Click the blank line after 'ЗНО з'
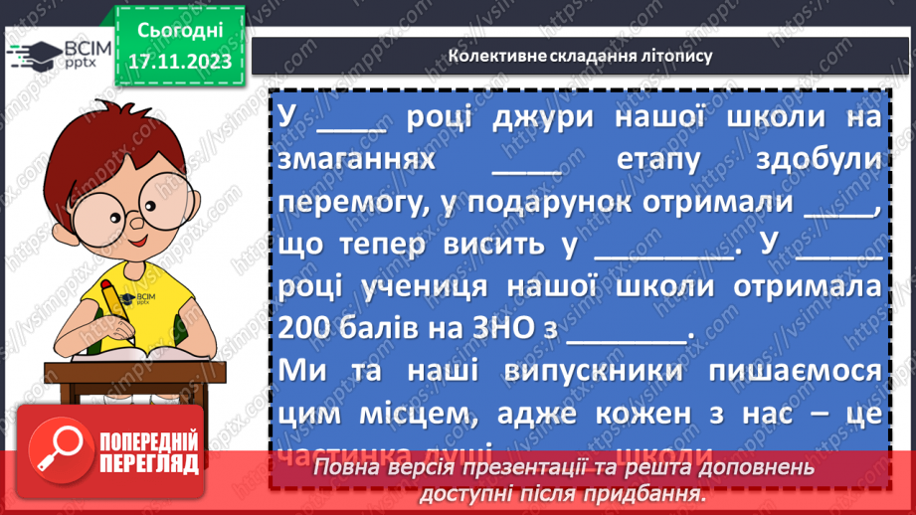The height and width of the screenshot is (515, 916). [627, 333]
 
